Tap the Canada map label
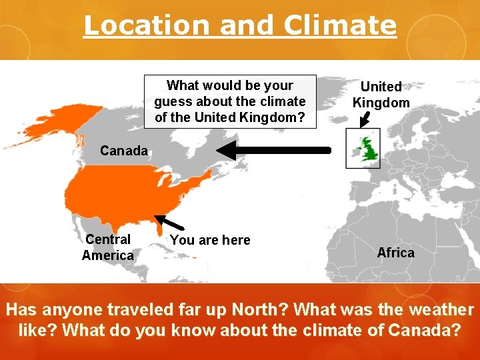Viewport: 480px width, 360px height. (124, 151)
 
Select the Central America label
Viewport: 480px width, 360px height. (108, 247)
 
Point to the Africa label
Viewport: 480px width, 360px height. (395, 253)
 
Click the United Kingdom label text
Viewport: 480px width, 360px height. (381, 95)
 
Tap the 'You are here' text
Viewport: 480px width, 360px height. (210, 240)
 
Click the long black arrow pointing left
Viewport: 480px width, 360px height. (273, 151)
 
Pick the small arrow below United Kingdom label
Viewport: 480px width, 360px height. (364, 119)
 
